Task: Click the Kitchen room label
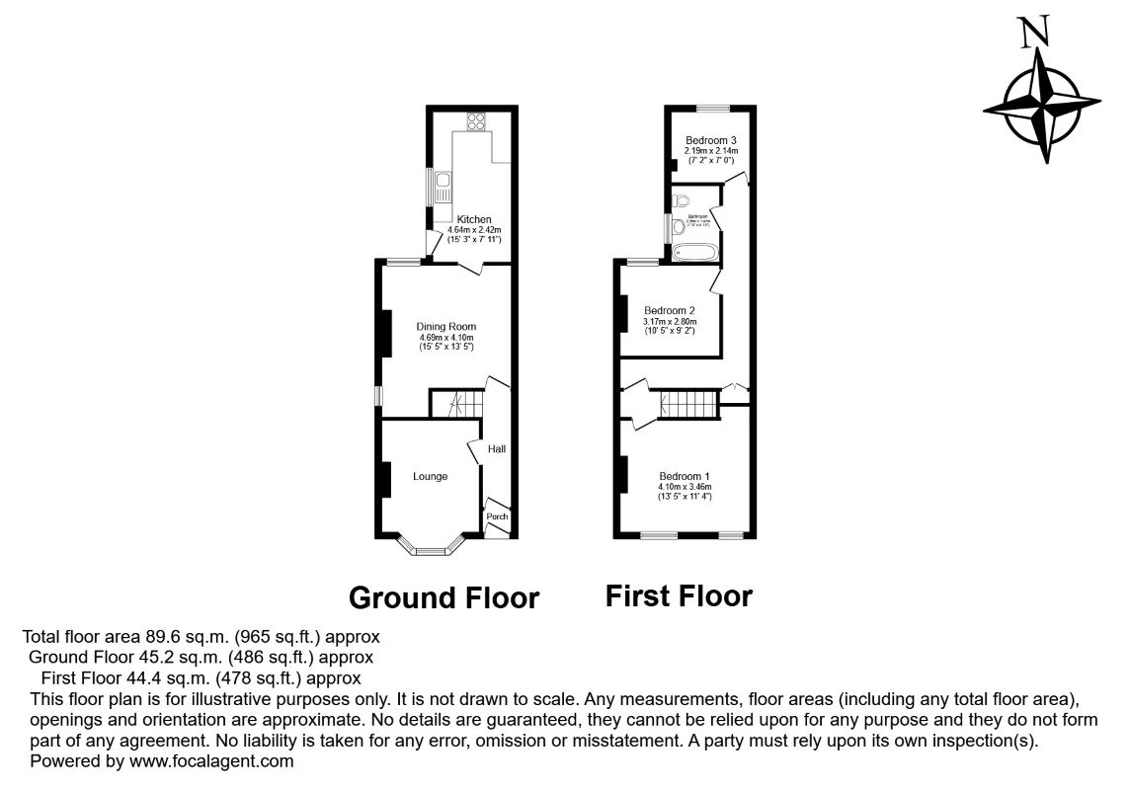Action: pyautogui.click(x=474, y=219)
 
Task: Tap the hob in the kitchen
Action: pyautogui.click(x=476, y=123)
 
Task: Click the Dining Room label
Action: pyautogui.click(x=446, y=327)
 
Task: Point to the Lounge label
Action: pyautogui.click(x=431, y=477)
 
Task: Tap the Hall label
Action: pyautogui.click(x=497, y=450)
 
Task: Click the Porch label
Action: pyautogui.click(x=497, y=516)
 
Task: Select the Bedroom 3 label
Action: pyautogui.click(x=711, y=140)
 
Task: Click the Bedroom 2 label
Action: pyautogui.click(x=670, y=310)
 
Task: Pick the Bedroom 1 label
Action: pyautogui.click(x=686, y=476)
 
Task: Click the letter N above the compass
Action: pyautogui.click(x=1035, y=34)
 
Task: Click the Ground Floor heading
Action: pyautogui.click(x=444, y=598)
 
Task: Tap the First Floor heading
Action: pyautogui.click(x=679, y=595)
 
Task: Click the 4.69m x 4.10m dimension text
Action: pyautogui.click(x=446, y=338)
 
